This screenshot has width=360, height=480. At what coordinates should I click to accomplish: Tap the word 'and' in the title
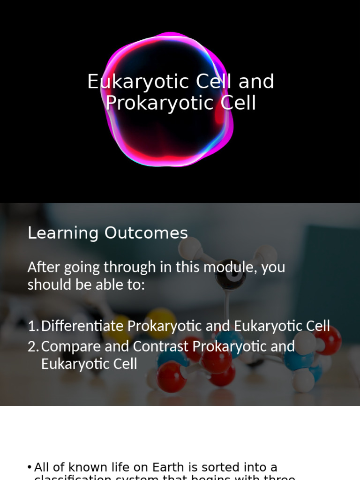coord(256,82)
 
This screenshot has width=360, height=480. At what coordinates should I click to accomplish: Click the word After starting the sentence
coord(44,267)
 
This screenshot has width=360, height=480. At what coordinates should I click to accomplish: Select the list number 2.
coord(32,347)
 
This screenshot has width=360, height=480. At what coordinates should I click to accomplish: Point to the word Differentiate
coord(82,326)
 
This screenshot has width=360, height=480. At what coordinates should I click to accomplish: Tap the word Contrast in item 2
coord(161,347)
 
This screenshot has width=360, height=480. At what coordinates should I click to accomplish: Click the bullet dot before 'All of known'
coord(30,467)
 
